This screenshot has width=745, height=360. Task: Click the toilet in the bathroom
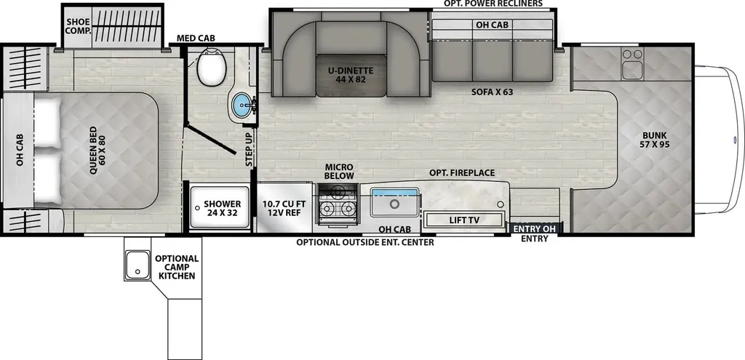(212, 68)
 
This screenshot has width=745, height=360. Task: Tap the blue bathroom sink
(243, 105)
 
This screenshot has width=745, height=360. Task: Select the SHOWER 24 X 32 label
(223, 209)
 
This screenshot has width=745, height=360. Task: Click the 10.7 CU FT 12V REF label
(284, 209)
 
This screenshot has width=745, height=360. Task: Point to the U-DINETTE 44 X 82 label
(350, 75)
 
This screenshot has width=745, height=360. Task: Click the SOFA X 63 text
(493, 92)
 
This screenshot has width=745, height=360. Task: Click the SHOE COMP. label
(79, 26)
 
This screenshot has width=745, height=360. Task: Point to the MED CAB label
(196, 38)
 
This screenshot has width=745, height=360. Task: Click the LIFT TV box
(463, 220)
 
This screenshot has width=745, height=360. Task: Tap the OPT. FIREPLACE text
(462, 173)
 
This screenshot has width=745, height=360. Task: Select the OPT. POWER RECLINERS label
(493, 4)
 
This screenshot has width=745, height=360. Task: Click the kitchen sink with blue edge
(395, 203)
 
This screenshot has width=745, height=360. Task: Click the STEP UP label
(249, 150)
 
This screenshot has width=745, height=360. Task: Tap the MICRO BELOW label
(339, 172)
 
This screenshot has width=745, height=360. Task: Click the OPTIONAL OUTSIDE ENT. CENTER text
(365, 242)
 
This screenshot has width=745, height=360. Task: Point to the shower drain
(197, 207)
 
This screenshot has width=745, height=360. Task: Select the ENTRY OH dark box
(535, 228)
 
